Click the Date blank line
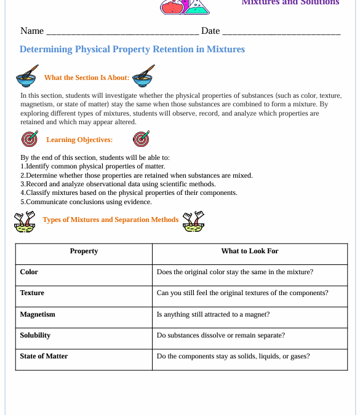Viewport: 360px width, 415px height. coord(281,32)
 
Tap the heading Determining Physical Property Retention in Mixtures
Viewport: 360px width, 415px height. coord(132,49)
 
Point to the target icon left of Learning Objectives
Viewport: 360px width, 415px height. coord(29,139)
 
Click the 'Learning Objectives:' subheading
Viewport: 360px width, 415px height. coord(79,140)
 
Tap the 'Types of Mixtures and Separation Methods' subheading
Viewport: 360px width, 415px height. coord(111,219)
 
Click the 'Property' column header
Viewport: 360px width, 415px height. coord(84,251)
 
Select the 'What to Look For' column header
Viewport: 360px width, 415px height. coord(250,251)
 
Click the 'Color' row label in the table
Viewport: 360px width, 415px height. coord(29,272)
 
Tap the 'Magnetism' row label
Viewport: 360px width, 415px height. coord(38,314)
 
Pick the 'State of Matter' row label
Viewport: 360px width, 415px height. coord(44,356)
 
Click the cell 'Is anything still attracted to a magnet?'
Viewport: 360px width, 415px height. coord(213,314)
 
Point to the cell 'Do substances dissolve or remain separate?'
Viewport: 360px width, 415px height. coord(220,335)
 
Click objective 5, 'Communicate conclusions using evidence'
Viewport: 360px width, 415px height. coord(86,202)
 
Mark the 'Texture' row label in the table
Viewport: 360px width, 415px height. coord(32,293)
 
